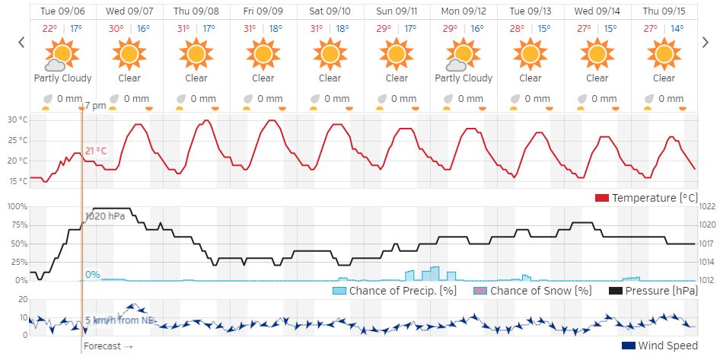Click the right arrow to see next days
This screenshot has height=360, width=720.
706,43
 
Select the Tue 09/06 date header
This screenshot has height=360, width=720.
62,11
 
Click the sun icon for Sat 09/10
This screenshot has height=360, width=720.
330,54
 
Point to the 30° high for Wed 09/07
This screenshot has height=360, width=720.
116,29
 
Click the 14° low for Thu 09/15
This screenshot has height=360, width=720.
677,29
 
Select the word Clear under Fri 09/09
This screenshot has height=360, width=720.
263,78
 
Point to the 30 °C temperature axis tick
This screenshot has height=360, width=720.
18,120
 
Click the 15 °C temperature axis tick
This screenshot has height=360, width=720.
18,181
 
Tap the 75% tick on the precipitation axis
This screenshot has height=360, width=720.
18,225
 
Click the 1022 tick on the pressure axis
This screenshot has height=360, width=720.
707,206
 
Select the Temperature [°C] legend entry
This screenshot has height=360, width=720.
655,198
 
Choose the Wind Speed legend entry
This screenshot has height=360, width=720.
659,346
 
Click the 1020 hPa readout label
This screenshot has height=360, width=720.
105,216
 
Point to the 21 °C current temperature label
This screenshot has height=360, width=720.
97,151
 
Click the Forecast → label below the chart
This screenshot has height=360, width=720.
108,346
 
